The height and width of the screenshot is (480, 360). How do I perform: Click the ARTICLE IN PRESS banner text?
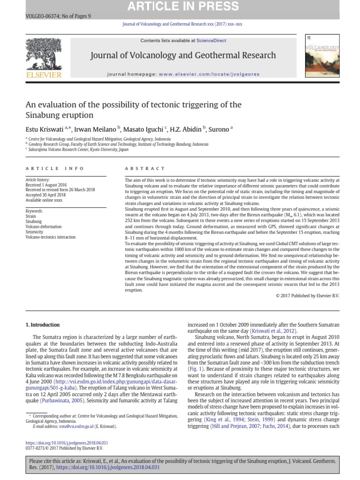pos(180,6)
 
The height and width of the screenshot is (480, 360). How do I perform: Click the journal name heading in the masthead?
pos(183,55)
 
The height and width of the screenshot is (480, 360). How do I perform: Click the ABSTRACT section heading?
pos(145,168)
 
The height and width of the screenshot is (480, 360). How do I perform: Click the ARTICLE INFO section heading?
pos(55,168)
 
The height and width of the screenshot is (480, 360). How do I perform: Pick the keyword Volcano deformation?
pos(44,226)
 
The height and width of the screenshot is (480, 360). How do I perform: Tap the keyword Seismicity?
pos(34,232)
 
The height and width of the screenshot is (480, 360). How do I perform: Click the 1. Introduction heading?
pos(43,324)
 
